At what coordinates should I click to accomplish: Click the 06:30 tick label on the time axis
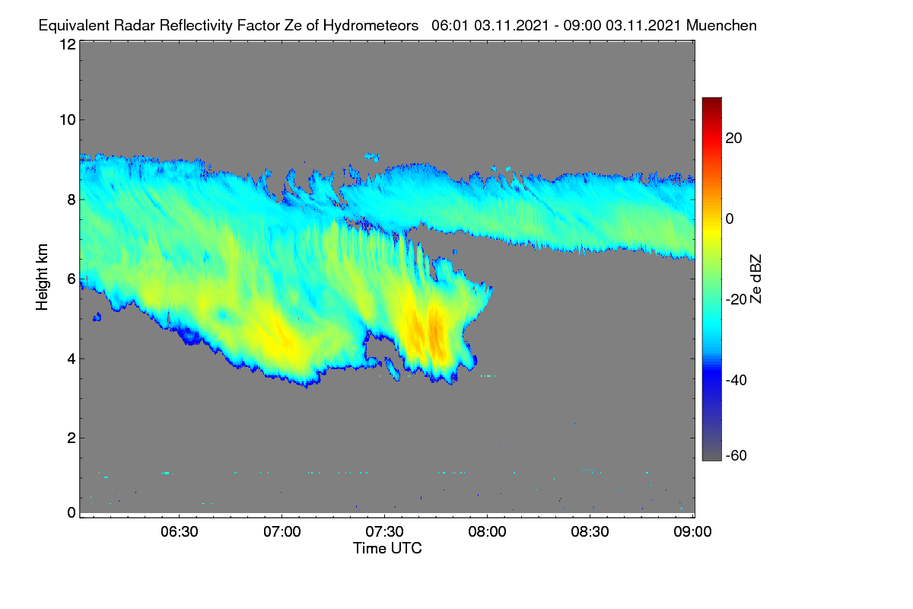pyautogui.click(x=180, y=531)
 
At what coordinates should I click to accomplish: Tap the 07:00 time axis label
pyautogui.click(x=282, y=531)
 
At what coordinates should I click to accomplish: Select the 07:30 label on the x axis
pyautogui.click(x=384, y=531)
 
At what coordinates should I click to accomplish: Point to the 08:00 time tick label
pyautogui.click(x=487, y=531)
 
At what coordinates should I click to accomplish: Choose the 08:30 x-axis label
pyautogui.click(x=590, y=531)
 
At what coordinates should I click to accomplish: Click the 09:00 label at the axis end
pyautogui.click(x=692, y=531)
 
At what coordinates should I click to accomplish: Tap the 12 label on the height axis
pyautogui.click(x=68, y=44)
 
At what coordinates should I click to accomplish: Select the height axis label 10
pyautogui.click(x=68, y=120)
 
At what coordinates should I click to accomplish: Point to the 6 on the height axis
pyautogui.click(x=72, y=279)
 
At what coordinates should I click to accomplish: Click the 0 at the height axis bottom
pyautogui.click(x=72, y=512)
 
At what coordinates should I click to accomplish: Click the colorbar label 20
pyautogui.click(x=733, y=139)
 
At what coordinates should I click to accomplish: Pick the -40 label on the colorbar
pyautogui.click(x=736, y=380)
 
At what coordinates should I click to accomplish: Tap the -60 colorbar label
pyautogui.click(x=736, y=455)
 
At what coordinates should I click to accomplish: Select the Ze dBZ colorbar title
pyautogui.click(x=756, y=279)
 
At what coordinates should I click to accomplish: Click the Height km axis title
pyautogui.click(x=42, y=277)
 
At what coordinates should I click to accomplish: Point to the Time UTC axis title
pyautogui.click(x=387, y=548)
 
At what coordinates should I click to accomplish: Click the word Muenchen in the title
pyautogui.click(x=721, y=25)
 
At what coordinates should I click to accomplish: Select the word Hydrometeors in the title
pyautogui.click(x=371, y=26)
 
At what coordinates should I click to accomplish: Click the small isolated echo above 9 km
pyautogui.click(x=373, y=157)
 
